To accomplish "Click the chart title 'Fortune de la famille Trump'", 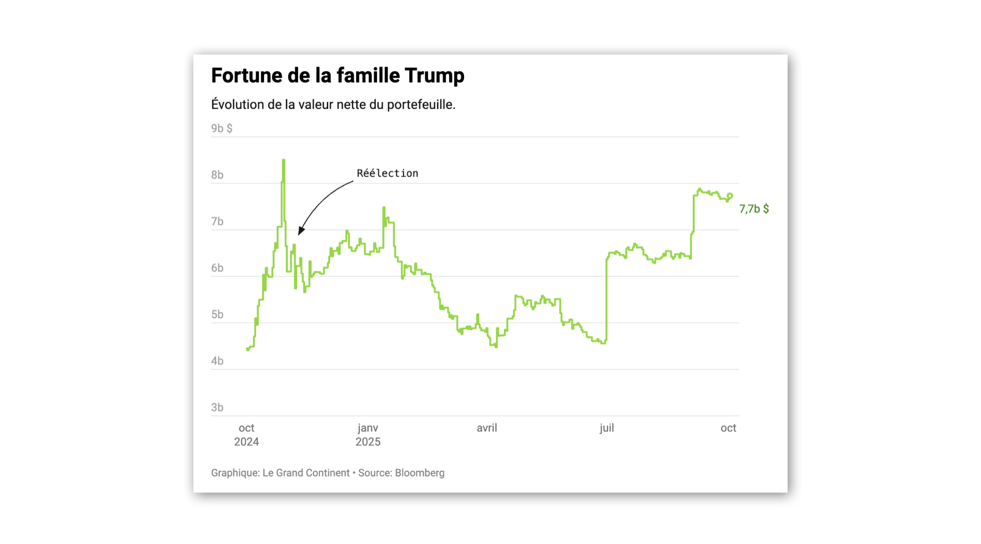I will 338,76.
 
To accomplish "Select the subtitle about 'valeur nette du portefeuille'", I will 333,104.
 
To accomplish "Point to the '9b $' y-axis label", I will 221,128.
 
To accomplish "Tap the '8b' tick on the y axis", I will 217,175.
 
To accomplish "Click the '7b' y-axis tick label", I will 217,222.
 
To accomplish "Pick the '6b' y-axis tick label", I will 217,268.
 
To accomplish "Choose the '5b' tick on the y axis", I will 217,315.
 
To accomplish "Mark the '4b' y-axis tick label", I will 217,361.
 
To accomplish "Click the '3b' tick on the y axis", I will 217,407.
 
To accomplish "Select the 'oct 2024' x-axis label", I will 246,434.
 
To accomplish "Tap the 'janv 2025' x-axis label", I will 368,434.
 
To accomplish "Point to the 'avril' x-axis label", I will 487,428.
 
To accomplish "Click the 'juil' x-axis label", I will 607,428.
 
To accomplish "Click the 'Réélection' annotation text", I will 387,173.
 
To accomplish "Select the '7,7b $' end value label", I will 754,209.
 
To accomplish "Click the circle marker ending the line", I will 730,196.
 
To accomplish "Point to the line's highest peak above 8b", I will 284,160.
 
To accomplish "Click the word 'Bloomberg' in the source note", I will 419,473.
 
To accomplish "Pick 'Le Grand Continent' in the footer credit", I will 306,473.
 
